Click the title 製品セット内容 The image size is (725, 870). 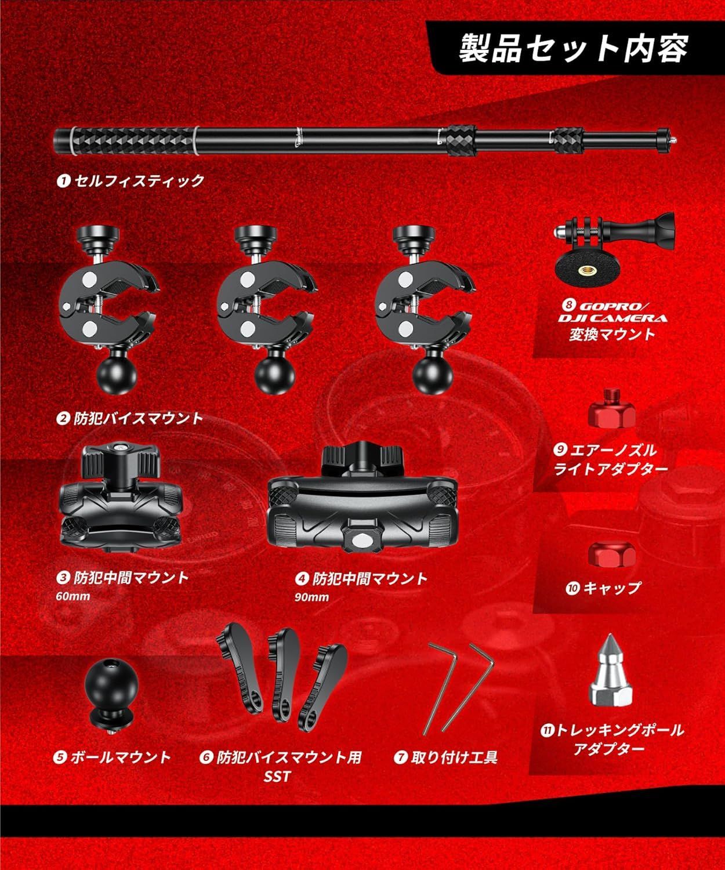click(x=573, y=49)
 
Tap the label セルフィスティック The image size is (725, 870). click(x=139, y=181)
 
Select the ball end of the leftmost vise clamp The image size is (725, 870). click(x=117, y=375)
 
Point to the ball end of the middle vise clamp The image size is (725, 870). click(x=275, y=375)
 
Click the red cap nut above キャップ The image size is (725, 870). click(x=612, y=554)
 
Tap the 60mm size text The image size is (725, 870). click(x=73, y=596)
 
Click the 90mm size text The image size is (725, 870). click(x=311, y=597)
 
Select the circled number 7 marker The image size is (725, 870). click(x=400, y=757)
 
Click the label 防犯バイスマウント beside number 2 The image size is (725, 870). click(x=138, y=418)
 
